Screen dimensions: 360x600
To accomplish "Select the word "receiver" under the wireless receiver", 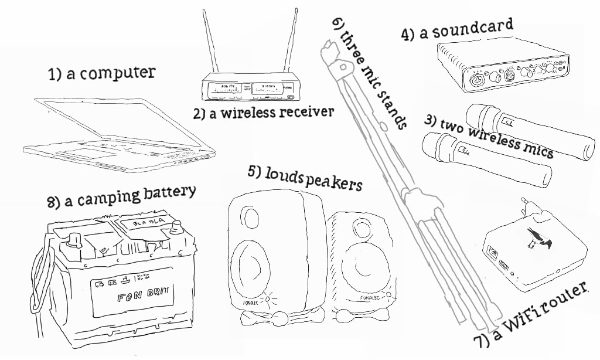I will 304,111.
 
